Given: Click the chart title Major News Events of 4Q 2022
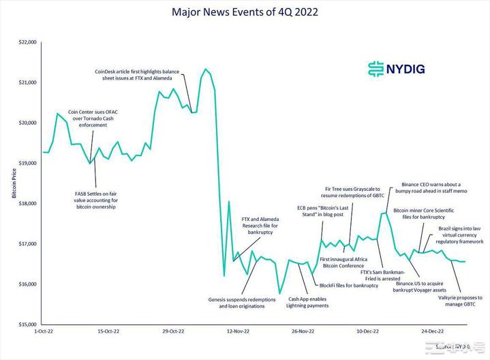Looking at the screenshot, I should pyautogui.click(x=245, y=12).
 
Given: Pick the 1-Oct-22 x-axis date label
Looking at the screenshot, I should pyautogui.click(x=46, y=331).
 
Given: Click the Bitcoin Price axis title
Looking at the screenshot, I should pyautogui.click(x=14, y=183).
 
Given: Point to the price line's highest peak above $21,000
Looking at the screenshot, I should pyautogui.click(x=205, y=69).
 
